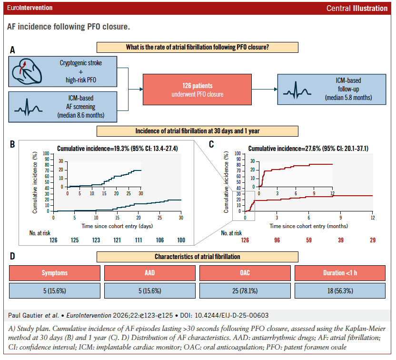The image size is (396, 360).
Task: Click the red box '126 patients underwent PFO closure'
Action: click(x=198, y=90)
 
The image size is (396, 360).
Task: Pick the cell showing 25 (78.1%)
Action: click(x=246, y=291)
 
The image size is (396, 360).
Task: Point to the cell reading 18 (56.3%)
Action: click(x=341, y=291)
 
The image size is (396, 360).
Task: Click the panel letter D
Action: click(x=13, y=257)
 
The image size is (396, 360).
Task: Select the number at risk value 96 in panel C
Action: click(x=277, y=240)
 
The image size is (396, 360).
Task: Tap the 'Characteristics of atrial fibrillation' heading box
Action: click(x=198, y=257)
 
